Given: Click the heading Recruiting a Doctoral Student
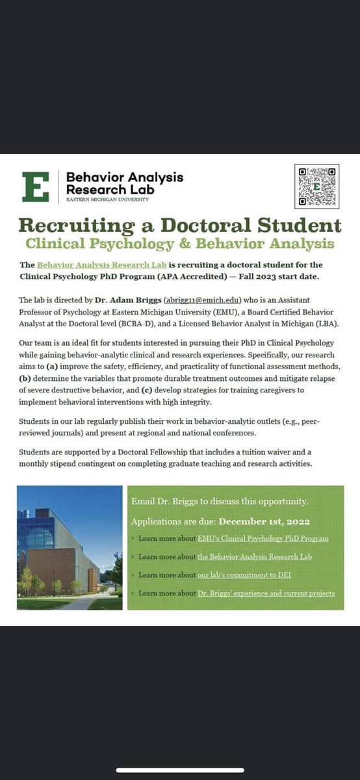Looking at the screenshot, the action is click(180, 226).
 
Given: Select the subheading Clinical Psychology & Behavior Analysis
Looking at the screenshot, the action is click(180, 244).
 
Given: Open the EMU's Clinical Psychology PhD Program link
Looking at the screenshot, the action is click(263, 539).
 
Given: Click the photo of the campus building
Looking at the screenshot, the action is click(70, 547).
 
